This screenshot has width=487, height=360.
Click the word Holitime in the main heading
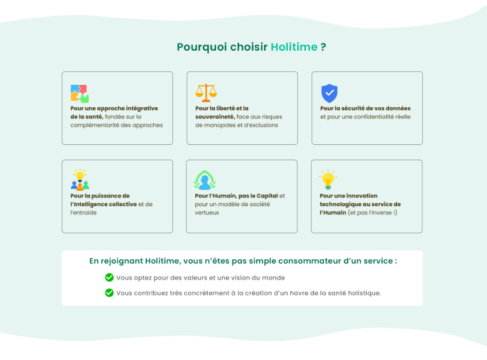coord(294,47)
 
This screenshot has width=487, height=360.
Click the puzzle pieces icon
coord(80,94)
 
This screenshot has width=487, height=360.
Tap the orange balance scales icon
coord(206,93)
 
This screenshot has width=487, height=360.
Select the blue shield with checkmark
coord(329,93)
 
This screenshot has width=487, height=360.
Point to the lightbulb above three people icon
coord(80,179)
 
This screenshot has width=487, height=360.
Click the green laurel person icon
coord(205,180)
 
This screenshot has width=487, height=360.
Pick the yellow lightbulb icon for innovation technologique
coord(328,179)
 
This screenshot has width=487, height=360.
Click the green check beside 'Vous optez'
coord(109,278)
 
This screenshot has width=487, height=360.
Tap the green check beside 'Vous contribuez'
coord(109,293)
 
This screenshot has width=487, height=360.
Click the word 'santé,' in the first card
coord(93,117)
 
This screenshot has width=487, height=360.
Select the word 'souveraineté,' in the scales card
coord(215,117)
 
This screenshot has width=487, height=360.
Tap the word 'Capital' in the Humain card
coord(267,196)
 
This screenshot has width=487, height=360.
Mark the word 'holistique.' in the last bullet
coord(364,293)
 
